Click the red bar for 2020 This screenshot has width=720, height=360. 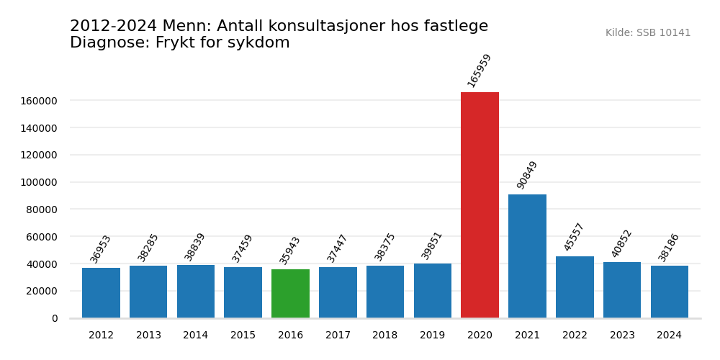[x=480, y=205]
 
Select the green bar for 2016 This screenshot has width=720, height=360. [x=290, y=294]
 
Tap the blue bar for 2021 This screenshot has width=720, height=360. [x=527, y=256]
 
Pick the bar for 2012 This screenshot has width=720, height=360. [x=101, y=293]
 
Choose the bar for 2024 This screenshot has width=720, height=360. [x=669, y=292]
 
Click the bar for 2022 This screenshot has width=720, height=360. [x=575, y=287]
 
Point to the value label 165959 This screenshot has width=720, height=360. [x=480, y=71]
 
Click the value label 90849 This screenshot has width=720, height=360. [x=527, y=175]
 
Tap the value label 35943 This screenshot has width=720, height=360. [x=290, y=250]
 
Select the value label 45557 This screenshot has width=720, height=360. [x=575, y=237]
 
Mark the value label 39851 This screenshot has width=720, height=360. [x=432, y=246]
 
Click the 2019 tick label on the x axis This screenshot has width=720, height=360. [x=432, y=336]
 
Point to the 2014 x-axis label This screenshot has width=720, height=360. [x=196, y=336]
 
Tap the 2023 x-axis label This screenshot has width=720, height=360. [x=622, y=336]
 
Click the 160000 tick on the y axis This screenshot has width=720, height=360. [x=39, y=101]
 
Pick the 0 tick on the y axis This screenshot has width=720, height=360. [x=55, y=318]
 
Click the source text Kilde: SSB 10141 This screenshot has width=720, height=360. [x=648, y=33]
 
